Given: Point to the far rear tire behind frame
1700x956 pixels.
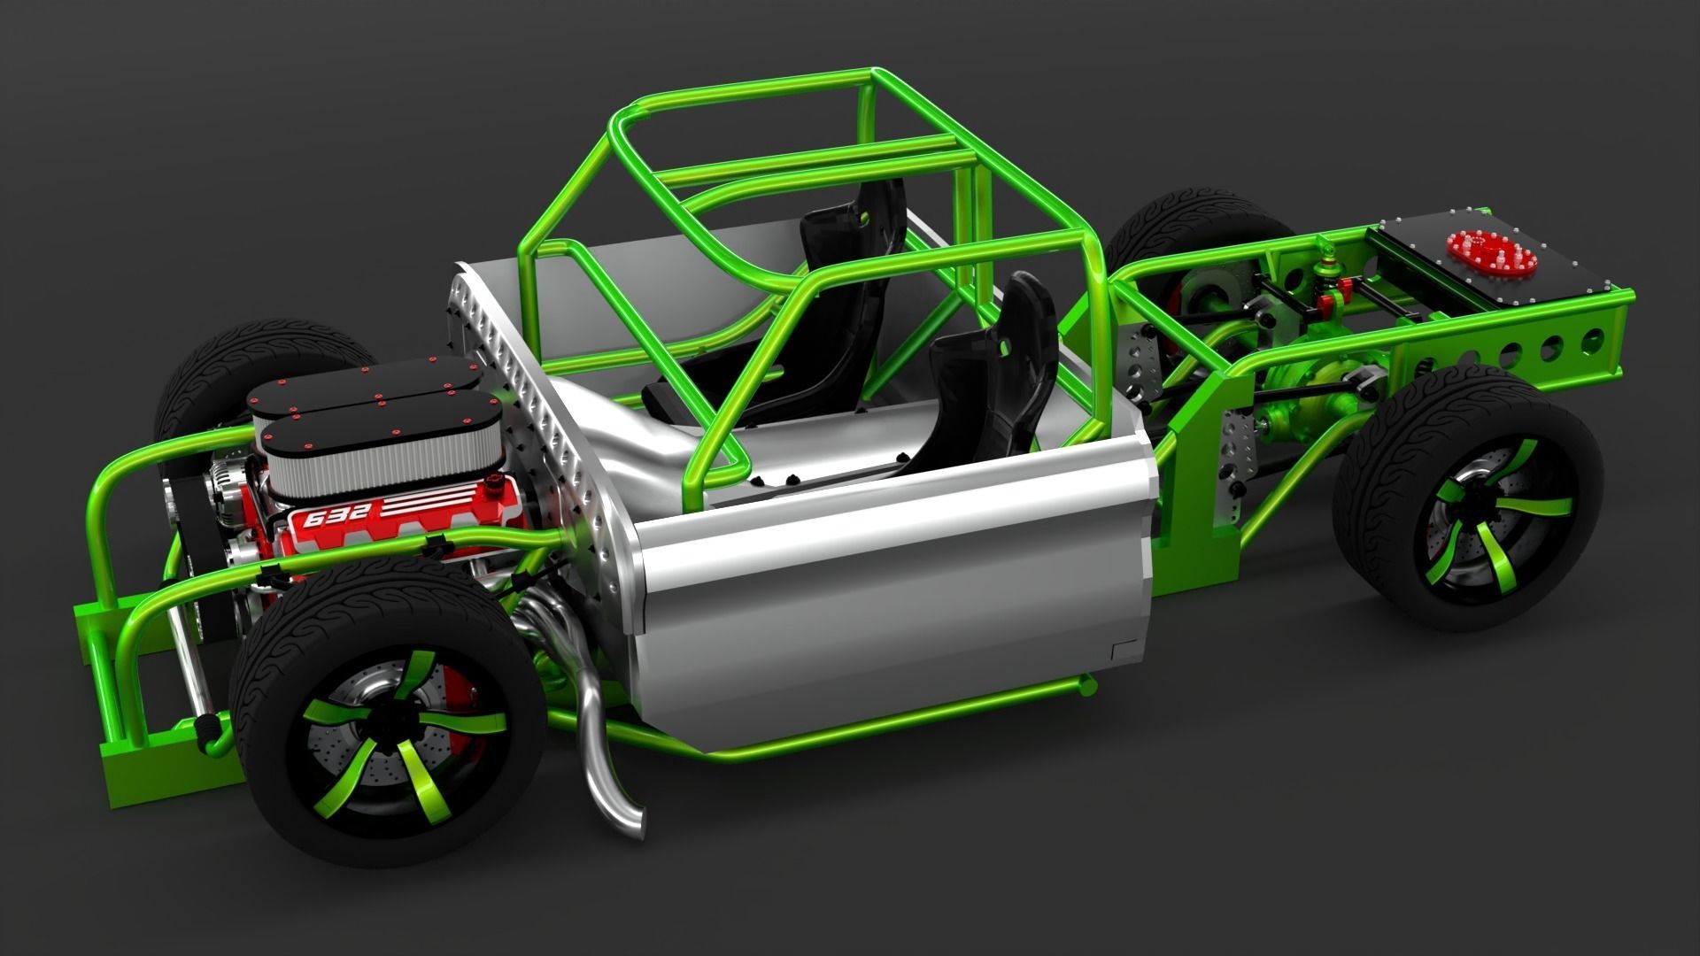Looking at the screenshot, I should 1178,221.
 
